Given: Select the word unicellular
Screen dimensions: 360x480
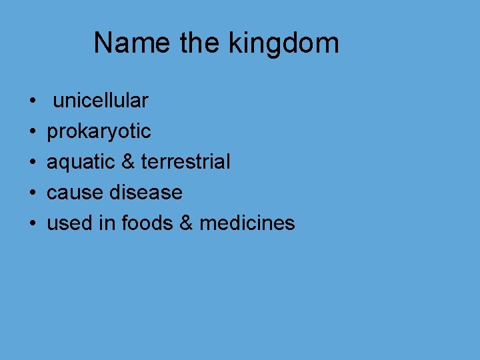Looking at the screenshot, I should click(x=101, y=101).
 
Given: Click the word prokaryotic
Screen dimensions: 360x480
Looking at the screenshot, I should click(x=99, y=132).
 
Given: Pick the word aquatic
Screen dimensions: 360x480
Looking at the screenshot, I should click(x=79, y=162).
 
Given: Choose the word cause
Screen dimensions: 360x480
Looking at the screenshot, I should click(x=75, y=193).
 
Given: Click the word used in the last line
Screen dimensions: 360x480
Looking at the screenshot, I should click(x=69, y=223).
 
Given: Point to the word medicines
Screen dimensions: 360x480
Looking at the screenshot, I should click(x=247, y=223).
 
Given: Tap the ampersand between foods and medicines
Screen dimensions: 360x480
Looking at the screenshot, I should click(x=186, y=223).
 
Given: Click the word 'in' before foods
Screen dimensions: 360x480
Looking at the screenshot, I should click(x=107, y=223).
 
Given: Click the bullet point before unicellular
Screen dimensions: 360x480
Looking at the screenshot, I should click(x=33, y=102).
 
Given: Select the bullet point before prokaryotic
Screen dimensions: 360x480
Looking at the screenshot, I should click(x=33, y=133).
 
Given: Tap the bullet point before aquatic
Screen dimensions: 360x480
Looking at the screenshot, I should click(x=33, y=163).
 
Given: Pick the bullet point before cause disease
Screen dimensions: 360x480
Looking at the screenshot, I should click(x=33, y=193).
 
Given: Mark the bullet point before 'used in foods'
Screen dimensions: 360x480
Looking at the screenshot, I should click(x=33, y=224).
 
